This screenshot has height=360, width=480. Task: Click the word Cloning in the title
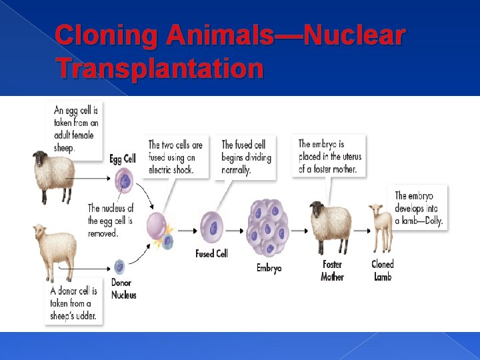(x=106, y=37)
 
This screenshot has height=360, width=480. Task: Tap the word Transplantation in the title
(x=160, y=68)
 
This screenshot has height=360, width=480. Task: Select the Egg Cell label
(x=122, y=159)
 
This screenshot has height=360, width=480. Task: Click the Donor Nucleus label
(x=123, y=290)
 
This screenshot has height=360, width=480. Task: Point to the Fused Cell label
(x=211, y=253)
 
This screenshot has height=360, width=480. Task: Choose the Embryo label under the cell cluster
(x=269, y=268)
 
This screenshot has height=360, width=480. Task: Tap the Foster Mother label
(x=332, y=270)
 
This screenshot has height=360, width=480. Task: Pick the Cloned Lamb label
(x=383, y=270)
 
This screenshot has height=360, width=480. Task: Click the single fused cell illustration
(x=213, y=227)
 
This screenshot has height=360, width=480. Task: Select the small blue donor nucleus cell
(x=119, y=267)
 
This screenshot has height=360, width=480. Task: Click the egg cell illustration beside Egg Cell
(x=124, y=180)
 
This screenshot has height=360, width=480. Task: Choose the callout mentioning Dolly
(x=419, y=208)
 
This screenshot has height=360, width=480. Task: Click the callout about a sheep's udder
(x=74, y=302)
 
